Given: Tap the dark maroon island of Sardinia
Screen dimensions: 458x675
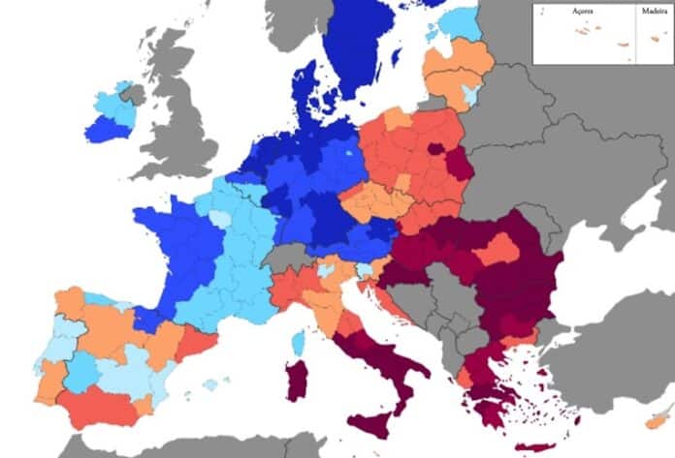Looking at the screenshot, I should point(296,380).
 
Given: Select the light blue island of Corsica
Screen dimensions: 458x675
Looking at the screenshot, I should point(299,340).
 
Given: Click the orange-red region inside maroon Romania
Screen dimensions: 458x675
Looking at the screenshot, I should point(496,251).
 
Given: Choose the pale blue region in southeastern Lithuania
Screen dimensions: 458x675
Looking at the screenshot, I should point(472,94).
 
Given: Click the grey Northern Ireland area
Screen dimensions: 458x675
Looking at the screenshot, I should point(132,95).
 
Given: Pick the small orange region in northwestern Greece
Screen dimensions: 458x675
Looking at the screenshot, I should point(466,377).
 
